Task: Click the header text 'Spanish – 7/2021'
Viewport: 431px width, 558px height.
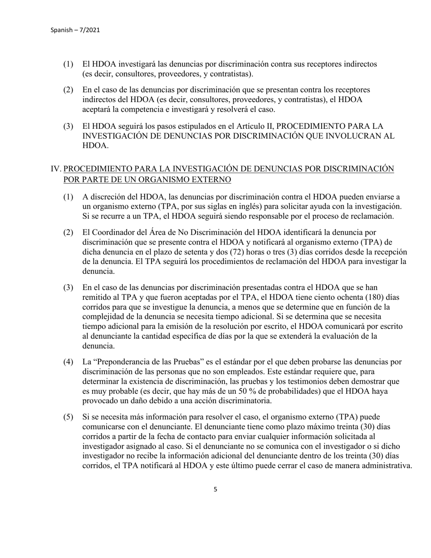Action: click(x=75, y=30)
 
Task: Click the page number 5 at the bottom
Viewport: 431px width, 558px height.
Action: click(x=215, y=489)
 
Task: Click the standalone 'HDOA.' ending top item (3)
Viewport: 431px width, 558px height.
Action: click(x=94, y=146)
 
